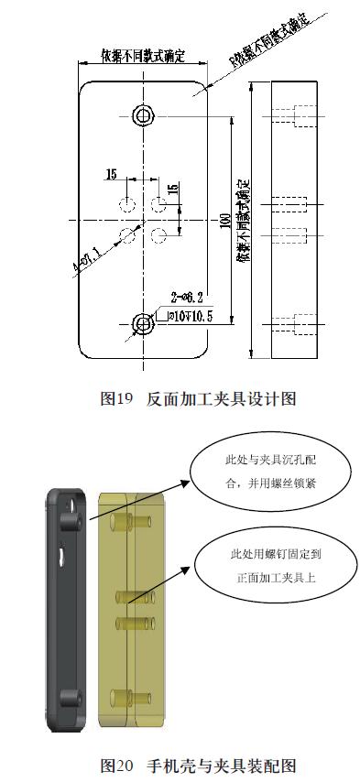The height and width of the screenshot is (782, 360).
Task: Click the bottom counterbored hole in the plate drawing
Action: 143,322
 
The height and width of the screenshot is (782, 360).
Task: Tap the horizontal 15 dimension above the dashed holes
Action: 111,174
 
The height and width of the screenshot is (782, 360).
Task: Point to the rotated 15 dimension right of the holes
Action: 173,189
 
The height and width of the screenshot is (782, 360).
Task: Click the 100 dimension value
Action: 225,221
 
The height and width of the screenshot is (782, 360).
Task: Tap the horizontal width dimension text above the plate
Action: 142,57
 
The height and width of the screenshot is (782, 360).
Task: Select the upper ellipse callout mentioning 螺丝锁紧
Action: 264,470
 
